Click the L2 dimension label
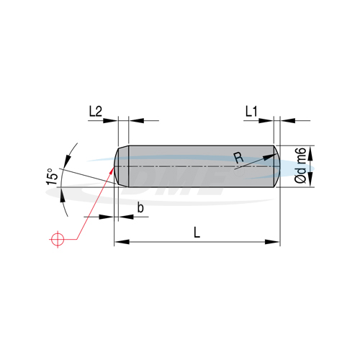[96, 112]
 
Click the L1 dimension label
[251, 112]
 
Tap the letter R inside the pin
[238, 158]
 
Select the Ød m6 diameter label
[300, 166]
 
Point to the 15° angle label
[52, 176]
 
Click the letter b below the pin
[140, 207]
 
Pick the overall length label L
[197, 233]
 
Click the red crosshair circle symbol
[58, 239]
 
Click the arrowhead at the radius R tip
[270, 157]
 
